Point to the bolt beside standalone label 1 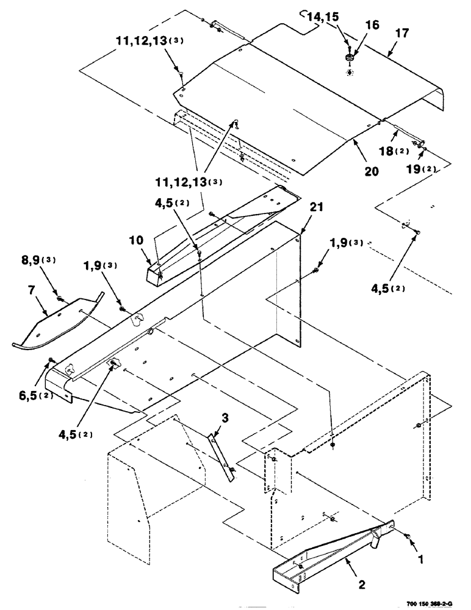(x=408, y=536)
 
